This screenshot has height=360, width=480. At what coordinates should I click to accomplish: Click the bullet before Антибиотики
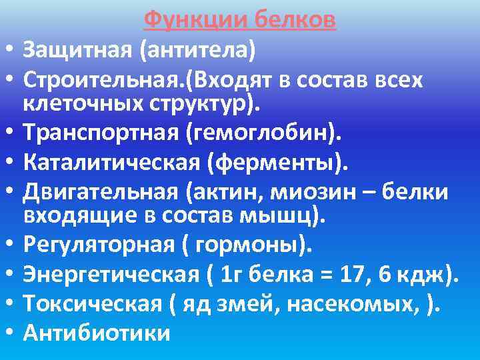[x=9, y=333]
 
